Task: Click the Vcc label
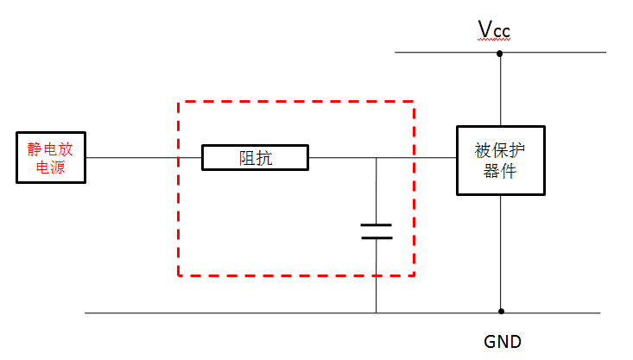click(x=495, y=31)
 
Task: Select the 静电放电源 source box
click(x=52, y=158)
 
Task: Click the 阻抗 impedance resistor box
click(x=255, y=158)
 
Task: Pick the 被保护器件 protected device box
click(x=500, y=160)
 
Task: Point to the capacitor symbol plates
click(x=377, y=231)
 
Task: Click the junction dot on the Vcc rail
click(x=500, y=54)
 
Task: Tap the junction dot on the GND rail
click(x=500, y=312)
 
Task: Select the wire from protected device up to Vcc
click(x=500, y=91)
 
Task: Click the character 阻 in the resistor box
click(x=246, y=158)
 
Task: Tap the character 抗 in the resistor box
click(x=264, y=158)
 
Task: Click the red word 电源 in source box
click(x=51, y=167)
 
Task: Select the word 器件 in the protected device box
click(x=500, y=170)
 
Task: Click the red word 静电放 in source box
click(x=51, y=148)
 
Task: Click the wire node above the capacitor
click(x=377, y=158)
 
